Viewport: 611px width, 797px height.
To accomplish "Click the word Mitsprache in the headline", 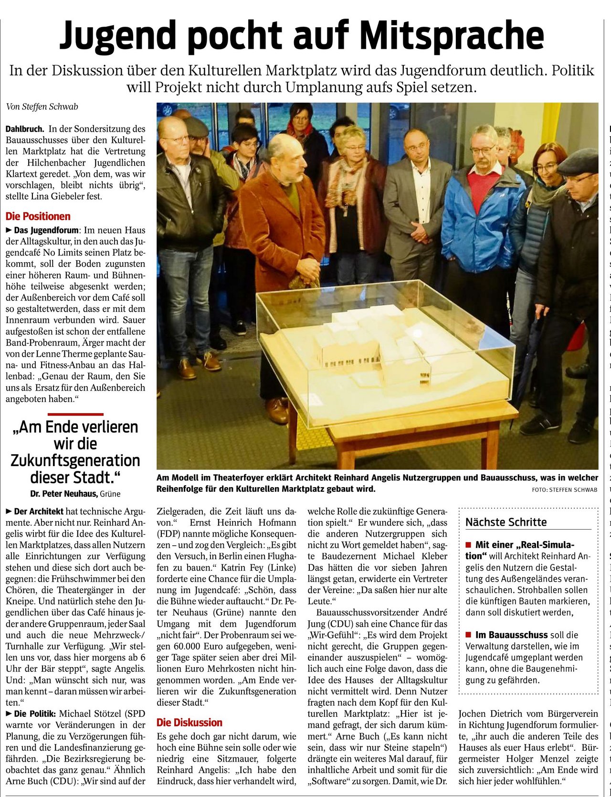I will pos(451,35).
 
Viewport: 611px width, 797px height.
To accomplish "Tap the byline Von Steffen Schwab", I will pos(42,106).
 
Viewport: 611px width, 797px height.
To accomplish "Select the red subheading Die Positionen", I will pos(38,216).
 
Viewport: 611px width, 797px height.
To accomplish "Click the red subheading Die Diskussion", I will pos(189,723).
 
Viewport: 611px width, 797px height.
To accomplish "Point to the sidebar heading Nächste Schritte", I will pos(506,522).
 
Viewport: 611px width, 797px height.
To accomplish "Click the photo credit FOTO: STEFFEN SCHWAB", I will pos(564,489).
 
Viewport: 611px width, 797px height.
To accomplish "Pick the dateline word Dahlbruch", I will pos(25,129).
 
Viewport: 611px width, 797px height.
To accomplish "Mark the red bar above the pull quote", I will pos(75,414).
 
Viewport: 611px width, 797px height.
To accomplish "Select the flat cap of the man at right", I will pos(579,162).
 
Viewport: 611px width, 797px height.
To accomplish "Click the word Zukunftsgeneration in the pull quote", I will pos(75,461).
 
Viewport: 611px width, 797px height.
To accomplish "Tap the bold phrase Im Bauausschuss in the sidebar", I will pos(511,635).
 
